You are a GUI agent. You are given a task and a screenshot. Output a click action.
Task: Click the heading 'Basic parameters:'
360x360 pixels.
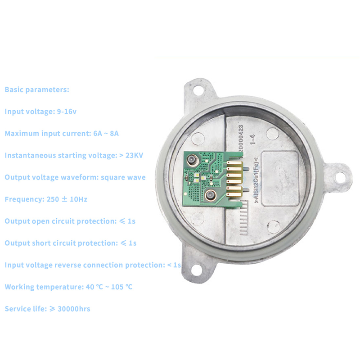(x=37, y=90)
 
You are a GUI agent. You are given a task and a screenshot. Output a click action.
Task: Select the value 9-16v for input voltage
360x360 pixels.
(x=67, y=111)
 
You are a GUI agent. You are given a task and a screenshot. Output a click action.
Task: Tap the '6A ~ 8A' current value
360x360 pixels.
(x=106, y=133)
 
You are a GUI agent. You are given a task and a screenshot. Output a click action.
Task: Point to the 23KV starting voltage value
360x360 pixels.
(x=134, y=155)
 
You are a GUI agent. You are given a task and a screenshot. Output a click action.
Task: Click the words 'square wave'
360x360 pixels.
(x=123, y=177)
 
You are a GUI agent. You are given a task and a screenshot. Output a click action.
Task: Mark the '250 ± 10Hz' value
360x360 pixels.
(x=67, y=199)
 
